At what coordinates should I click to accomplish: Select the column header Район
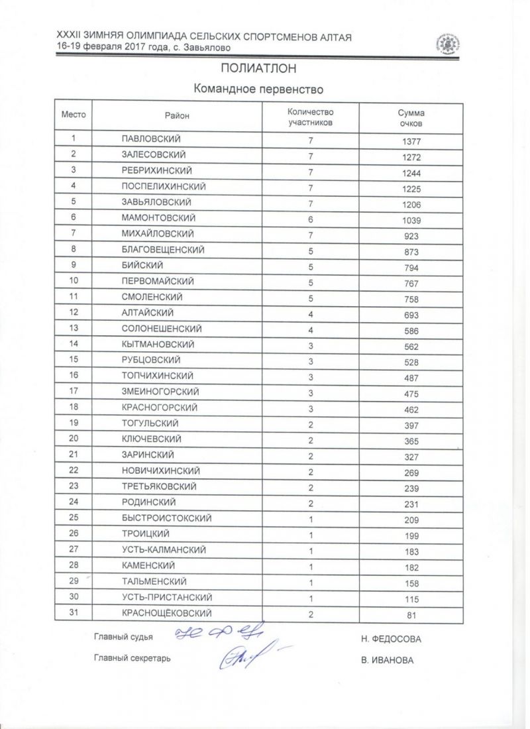tap(177, 116)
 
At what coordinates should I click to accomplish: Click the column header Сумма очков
tap(411, 118)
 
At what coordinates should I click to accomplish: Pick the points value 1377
tap(411, 141)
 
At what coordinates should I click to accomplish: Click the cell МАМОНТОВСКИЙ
tap(158, 218)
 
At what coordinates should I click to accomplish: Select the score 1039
tap(411, 220)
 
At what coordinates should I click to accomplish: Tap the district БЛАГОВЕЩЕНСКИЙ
tap(163, 250)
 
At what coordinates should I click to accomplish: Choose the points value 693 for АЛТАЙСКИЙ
tap(411, 315)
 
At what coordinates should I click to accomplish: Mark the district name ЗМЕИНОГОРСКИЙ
tap(161, 392)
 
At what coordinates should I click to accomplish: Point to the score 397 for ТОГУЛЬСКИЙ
tap(411, 425)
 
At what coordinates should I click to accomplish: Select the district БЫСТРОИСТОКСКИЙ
tap(167, 518)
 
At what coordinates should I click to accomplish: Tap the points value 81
tap(412, 615)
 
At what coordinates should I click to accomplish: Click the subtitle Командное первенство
tap(262, 89)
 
